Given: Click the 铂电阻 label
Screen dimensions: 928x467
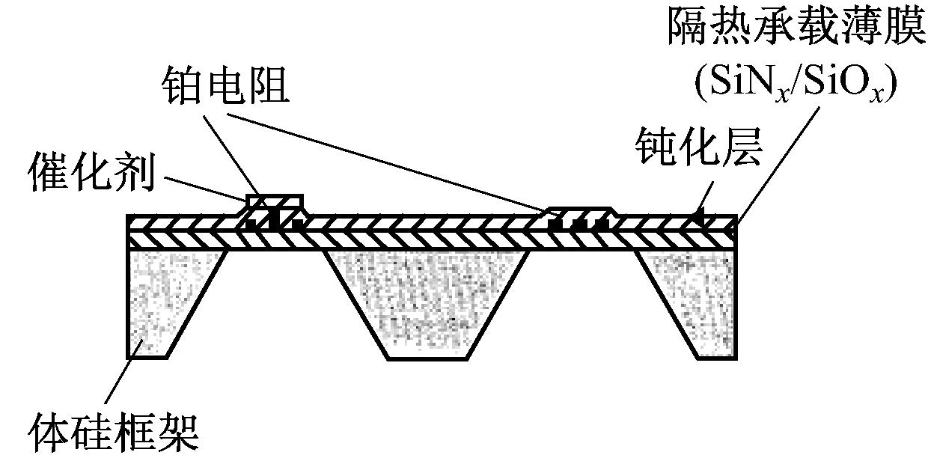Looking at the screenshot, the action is tap(226, 86).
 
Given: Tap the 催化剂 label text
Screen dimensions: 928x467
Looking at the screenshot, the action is tap(91, 171).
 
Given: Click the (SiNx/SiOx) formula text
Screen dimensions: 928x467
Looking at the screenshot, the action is tap(796, 84).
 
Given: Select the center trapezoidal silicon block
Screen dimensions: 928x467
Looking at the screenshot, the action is tap(427, 305).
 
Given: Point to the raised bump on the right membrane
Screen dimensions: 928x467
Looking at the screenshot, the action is tap(580, 217).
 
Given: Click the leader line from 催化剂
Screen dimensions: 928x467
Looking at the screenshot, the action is tap(206, 189).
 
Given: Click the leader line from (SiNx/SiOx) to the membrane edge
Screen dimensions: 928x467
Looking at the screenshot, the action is tap(778, 165).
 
